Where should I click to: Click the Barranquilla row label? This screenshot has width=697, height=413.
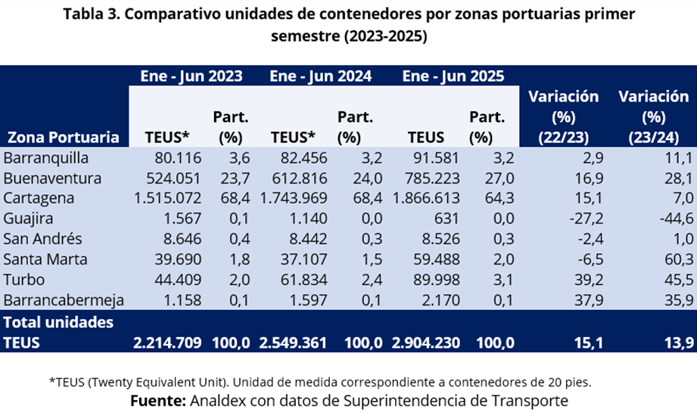tap(47, 158)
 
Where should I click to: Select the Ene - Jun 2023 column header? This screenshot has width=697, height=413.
tap(191, 76)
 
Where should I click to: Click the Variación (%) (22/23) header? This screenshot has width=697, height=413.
tap(563, 116)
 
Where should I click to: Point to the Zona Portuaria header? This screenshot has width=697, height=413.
tap(64, 137)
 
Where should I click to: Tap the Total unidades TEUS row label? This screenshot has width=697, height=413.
tap(58, 332)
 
